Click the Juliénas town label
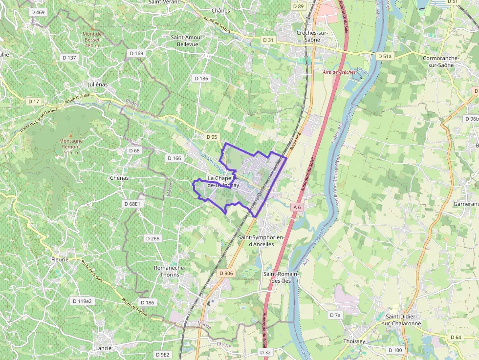[x=97, y=84]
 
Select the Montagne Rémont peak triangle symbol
[x=70, y=135]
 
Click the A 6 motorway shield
[x=297, y=208]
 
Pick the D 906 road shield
[x=226, y=274]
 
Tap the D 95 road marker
[x=211, y=137]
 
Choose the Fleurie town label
[x=60, y=260]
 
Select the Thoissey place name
[x=354, y=341]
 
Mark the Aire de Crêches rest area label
[x=339, y=72]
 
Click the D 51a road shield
[x=385, y=57]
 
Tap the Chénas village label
[x=119, y=178]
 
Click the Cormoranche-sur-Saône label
[x=440, y=61]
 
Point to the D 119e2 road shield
[x=82, y=301]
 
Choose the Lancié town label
[x=104, y=348]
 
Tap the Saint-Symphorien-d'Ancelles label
[x=261, y=240]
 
